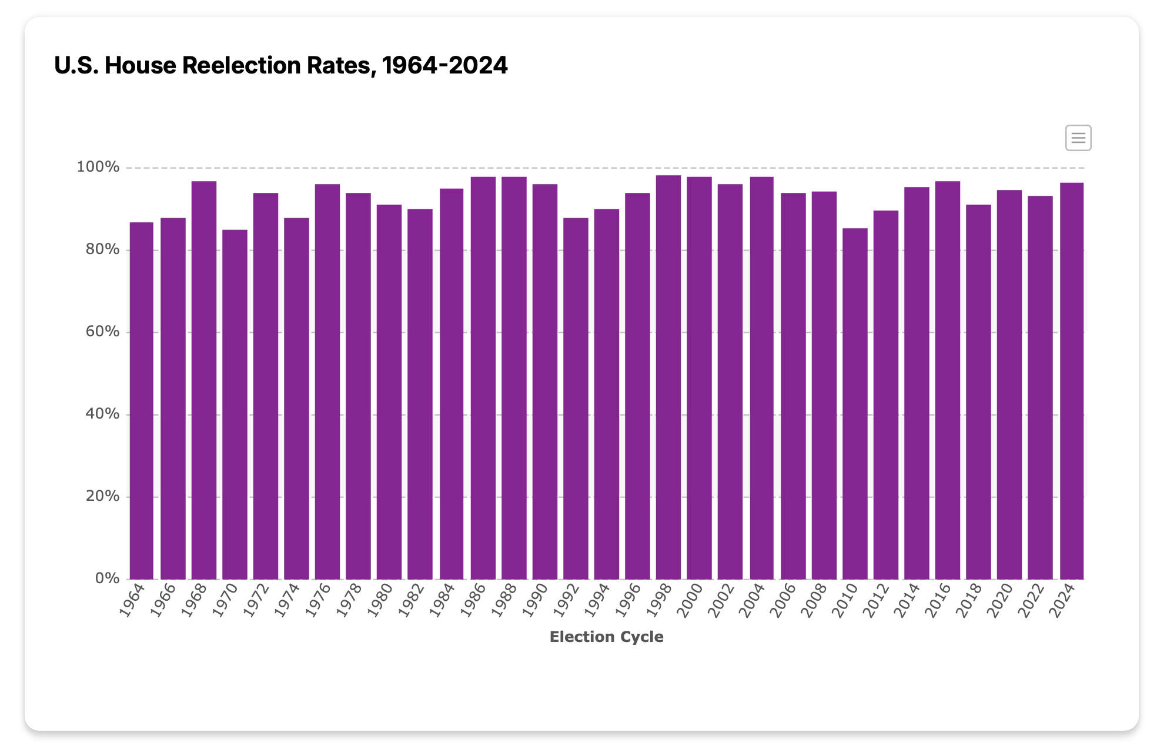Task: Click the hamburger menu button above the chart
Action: (x=1078, y=138)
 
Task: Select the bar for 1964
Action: (x=141, y=400)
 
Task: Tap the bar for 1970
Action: (x=235, y=404)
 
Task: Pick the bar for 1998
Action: (x=668, y=377)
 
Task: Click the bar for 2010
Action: (x=854, y=403)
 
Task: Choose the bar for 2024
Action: (x=1071, y=381)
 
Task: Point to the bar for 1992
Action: (x=576, y=399)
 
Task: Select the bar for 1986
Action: (x=483, y=378)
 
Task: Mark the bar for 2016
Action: (x=947, y=380)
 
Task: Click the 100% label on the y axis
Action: (x=98, y=167)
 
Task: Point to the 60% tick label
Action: (x=102, y=332)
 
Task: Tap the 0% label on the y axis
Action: (x=107, y=578)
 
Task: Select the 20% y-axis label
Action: (x=102, y=496)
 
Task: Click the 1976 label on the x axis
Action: (x=318, y=600)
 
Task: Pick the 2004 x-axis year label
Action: (x=751, y=600)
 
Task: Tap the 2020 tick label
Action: (x=999, y=600)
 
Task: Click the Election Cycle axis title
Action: (x=606, y=637)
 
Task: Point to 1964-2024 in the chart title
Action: (x=444, y=65)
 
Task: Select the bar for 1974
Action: (x=296, y=399)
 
